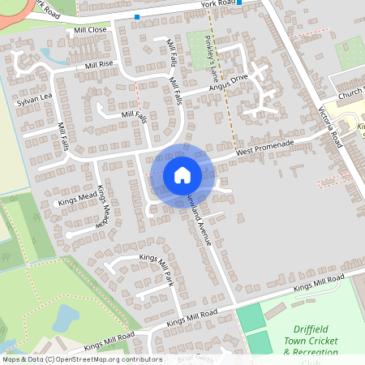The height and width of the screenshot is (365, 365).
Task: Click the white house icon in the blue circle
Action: click(182, 175)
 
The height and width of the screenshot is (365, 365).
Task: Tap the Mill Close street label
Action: click(90, 30)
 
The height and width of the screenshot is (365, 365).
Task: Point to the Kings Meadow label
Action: click(101, 206)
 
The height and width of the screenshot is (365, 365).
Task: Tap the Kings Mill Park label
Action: click(157, 268)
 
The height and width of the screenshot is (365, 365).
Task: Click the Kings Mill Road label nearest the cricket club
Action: click(318, 284)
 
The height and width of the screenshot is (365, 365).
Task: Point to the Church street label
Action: click(351, 93)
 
